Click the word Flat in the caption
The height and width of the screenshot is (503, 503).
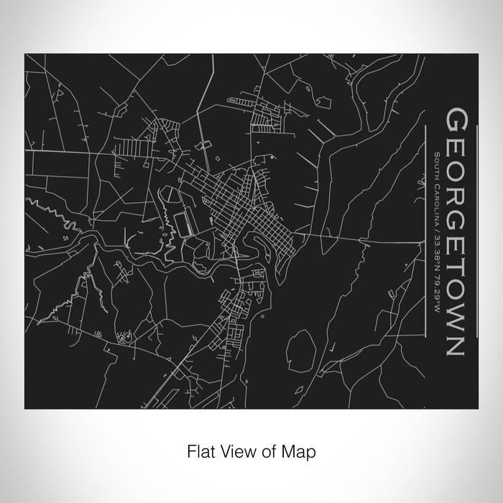tap(200, 453)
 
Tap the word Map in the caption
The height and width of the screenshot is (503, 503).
tap(303, 453)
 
